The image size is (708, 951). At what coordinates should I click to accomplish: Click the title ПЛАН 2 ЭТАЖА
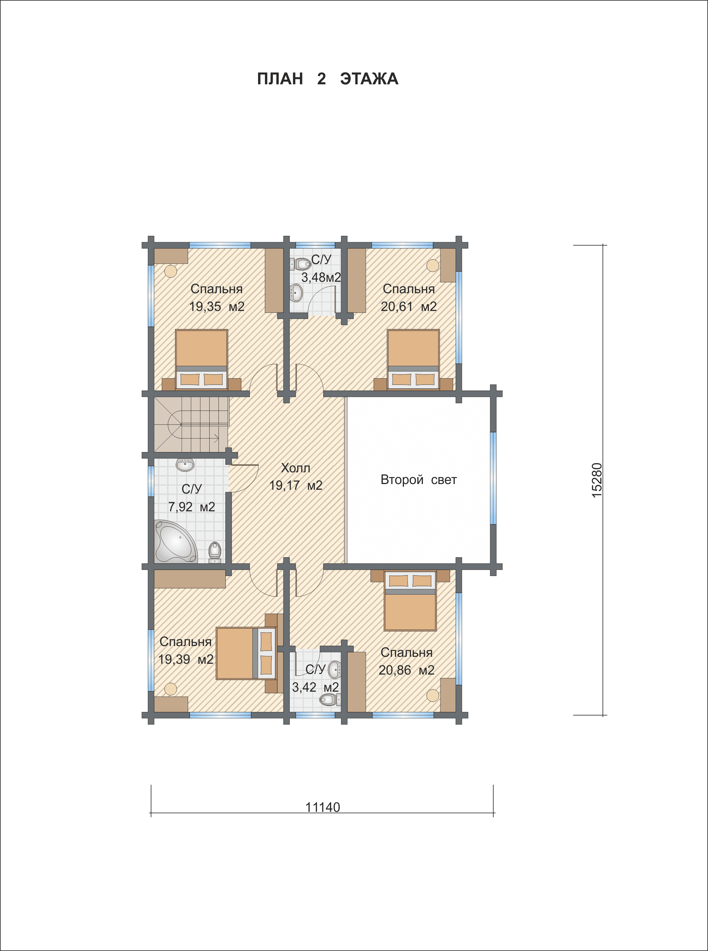(x=327, y=79)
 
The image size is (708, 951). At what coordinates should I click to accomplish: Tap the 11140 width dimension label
(x=322, y=807)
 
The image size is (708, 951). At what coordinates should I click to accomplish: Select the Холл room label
(x=296, y=468)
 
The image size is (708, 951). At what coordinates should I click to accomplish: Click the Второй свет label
(x=418, y=480)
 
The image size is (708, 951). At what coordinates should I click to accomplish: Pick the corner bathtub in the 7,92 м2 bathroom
(x=175, y=541)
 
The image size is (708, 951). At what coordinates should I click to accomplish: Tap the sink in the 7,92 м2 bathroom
(x=185, y=464)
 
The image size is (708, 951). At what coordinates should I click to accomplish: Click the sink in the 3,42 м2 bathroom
(x=335, y=670)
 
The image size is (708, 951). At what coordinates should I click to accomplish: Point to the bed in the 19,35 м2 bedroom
(x=201, y=359)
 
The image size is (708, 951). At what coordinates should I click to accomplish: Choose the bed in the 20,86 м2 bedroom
(x=410, y=600)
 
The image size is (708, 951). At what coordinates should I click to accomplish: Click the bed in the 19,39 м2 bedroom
(x=246, y=653)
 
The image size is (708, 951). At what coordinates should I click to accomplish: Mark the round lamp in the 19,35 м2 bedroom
(x=171, y=271)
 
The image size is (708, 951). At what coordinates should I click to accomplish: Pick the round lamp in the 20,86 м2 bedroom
(x=433, y=695)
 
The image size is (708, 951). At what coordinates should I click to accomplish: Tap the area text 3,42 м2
(x=315, y=687)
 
